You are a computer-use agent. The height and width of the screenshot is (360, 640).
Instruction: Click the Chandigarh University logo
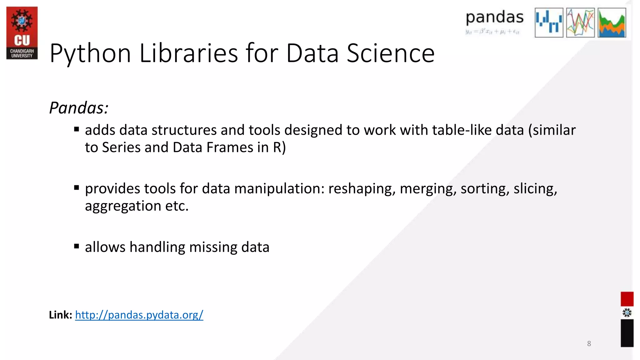tap(22, 33)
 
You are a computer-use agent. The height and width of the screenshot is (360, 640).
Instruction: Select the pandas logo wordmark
tap(494, 18)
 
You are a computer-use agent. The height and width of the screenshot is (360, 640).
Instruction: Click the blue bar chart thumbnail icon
tap(549, 23)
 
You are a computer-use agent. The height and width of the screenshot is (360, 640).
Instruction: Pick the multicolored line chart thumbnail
tap(580, 23)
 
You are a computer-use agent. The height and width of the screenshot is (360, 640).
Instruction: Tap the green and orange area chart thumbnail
tap(612, 23)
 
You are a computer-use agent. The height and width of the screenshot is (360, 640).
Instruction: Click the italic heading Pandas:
tap(79, 108)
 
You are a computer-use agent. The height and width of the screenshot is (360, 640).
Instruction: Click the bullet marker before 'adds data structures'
tap(77, 129)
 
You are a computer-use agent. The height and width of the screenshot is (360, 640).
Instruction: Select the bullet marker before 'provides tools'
tap(77, 187)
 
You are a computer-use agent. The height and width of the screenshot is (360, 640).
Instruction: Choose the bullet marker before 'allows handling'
tap(77, 246)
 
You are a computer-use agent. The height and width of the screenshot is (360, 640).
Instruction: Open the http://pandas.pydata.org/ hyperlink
tap(139, 315)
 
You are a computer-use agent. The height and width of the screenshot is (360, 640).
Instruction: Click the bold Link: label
tap(61, 315)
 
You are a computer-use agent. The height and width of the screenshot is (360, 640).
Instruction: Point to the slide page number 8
tap(589, 343)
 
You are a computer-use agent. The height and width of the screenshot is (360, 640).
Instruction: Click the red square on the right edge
tap(627, 299)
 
